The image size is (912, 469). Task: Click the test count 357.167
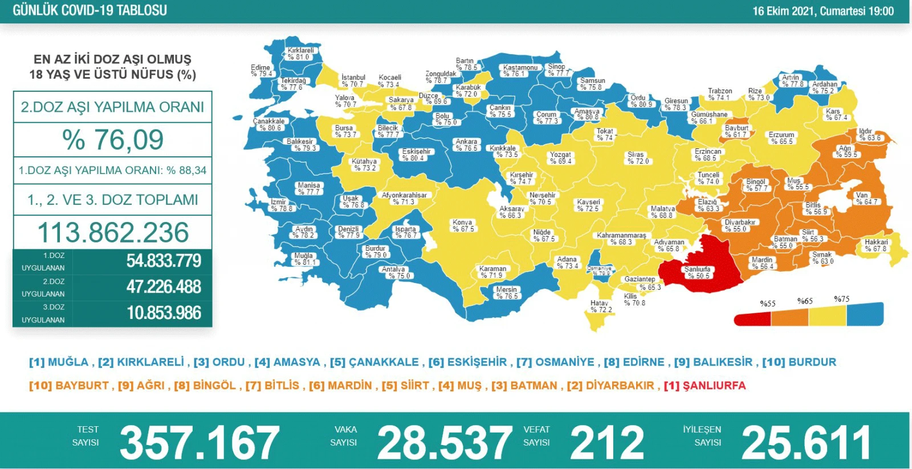[199, 442]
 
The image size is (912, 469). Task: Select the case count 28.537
[445, 442]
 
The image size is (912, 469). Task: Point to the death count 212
[607, 442]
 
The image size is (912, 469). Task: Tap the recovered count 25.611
[806, 442]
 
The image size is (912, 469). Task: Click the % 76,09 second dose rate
[113, 140]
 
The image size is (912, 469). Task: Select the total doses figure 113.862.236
[113, 232]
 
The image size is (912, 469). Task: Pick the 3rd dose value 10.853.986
[164, 313]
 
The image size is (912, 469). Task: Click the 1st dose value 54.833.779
[164, 261]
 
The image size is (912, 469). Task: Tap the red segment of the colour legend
[752, 318]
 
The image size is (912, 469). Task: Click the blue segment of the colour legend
[865, 314]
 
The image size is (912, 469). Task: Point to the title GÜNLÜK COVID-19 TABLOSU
[89, 10]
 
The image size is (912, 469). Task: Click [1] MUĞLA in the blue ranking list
[59, 362]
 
